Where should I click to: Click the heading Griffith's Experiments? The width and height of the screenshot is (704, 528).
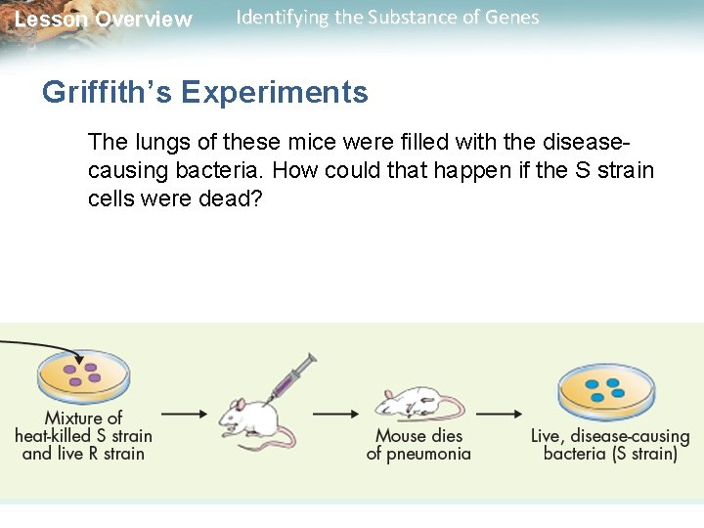tap(204, 93)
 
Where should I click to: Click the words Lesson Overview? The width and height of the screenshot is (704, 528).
tap(104, 20)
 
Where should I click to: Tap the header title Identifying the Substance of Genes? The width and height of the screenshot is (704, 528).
tap(387, 18)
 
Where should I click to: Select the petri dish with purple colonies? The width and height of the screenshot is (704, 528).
tap(83, 374)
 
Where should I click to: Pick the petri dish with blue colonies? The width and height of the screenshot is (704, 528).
tap(605, 388)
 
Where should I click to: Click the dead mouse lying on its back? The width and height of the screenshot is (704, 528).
tap(418, 402)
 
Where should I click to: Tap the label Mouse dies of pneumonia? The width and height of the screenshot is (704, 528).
tap(418, 445)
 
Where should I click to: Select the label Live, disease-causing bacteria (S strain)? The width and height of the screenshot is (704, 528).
tap(610, 445)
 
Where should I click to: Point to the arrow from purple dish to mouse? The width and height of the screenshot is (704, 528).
tap(183, 413)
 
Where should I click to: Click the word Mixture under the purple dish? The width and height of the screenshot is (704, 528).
tap(83, 418)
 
